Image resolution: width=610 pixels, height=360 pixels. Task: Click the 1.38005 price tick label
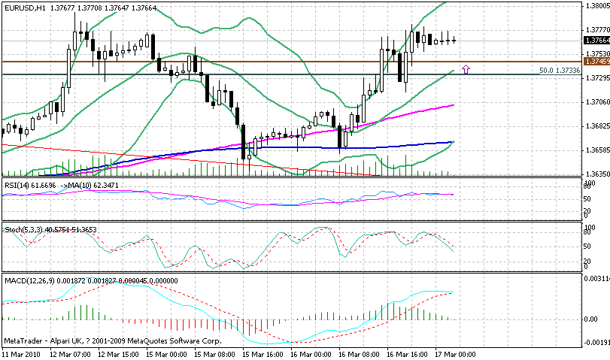coord(596,5)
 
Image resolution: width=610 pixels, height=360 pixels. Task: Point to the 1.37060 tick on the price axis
coord(596,101)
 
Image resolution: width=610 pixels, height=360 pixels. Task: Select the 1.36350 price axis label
coord(596,174)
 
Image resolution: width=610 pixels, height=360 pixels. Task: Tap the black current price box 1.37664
coord(596,40)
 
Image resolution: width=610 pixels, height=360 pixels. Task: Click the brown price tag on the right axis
coord(596,62)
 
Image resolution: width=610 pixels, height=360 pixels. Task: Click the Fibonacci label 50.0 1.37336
coord(560,70)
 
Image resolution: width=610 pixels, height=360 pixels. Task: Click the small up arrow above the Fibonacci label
coord(466,69)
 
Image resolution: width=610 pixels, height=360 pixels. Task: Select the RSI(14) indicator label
coord(19,184)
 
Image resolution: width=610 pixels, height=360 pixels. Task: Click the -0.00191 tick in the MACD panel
coord(597,343)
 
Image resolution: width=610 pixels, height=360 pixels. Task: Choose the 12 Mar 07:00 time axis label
coord(71,353)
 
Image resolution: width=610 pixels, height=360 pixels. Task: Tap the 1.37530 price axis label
coord(596,53)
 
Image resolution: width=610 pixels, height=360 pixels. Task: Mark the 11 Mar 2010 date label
coord(23,353)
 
